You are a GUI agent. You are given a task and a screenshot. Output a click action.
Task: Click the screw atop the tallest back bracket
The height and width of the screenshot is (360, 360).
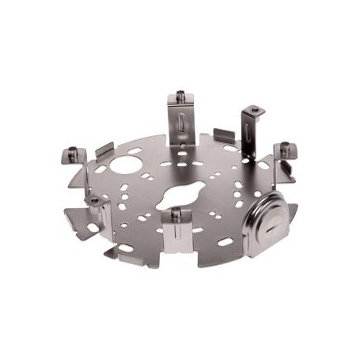180,97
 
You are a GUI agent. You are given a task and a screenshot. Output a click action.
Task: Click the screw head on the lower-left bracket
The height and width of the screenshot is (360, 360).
95,203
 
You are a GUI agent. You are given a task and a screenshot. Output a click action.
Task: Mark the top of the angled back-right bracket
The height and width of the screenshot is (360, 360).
252,111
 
